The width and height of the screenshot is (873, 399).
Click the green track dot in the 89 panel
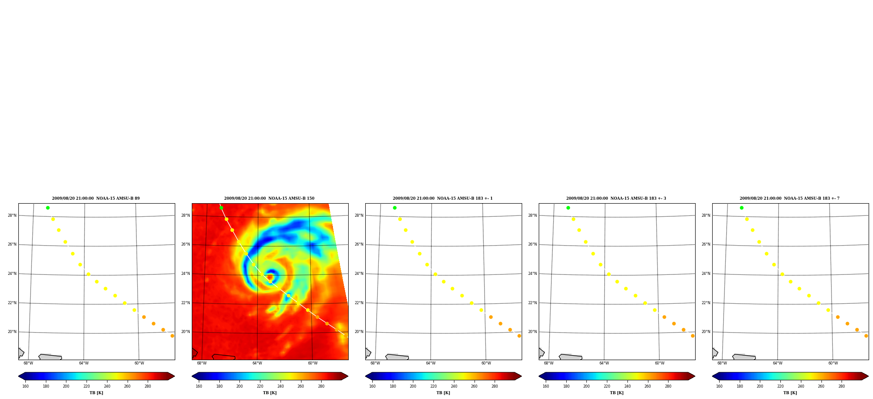point(48,208)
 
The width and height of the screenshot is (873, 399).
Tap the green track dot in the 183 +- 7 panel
point(741,208)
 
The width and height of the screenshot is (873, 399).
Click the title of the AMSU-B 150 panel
point(269,198)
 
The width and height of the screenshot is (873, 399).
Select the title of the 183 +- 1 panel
point(443,198)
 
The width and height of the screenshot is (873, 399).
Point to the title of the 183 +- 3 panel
point(616,198)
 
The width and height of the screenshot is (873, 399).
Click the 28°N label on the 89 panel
point(12,215)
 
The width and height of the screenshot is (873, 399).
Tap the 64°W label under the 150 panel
point(257,363)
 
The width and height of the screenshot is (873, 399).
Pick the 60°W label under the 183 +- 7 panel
point(833,363)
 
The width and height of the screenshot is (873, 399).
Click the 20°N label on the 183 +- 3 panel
point(533,332)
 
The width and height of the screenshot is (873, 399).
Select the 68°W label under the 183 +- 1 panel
point(375,363)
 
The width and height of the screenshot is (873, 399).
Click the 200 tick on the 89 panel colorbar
point(66,386)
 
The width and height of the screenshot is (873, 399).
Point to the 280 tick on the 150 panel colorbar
point(321,386)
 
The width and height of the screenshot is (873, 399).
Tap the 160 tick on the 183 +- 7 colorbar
point(719,386)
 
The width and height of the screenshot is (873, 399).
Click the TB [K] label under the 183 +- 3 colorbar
point(617,393)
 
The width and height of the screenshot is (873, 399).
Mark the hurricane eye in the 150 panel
point(270,277)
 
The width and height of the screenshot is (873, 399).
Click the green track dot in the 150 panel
point(221,208)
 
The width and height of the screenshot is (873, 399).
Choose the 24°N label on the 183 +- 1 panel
point(359,274)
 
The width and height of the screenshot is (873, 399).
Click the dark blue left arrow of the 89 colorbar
point(22,376)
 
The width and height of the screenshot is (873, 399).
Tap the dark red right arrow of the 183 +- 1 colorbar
point(518,376)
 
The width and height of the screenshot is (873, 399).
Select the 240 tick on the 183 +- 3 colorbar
point(627,386)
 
